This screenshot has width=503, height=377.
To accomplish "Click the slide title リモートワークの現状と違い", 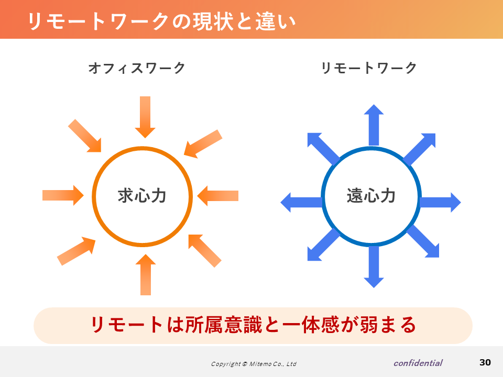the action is pos(162,21).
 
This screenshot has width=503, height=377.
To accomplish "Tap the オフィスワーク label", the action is pos(137,68).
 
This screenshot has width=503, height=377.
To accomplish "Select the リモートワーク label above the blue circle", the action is pos(369,68).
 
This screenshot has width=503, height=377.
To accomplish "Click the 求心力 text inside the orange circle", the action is pos(142,195).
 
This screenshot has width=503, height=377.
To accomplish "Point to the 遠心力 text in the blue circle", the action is pos(371,195).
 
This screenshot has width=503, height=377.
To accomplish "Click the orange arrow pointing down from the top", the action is pos(145,117).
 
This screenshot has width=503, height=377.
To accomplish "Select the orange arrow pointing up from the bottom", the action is pos(146,274).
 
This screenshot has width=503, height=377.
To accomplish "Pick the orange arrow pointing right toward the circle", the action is pos(63,195).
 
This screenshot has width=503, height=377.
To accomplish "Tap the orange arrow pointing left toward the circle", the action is pos(218,195).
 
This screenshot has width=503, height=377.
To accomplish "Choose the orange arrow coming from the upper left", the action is pos(85,136).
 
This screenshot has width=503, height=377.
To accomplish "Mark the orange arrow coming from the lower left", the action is pos(76,251).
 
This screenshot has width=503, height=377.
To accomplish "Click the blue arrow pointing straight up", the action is pos(374,125).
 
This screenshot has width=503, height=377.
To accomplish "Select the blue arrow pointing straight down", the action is pos(374,267).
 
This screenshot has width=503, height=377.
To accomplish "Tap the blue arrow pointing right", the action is pos(440,202).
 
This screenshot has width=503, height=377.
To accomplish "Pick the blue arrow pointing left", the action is pos(302,202).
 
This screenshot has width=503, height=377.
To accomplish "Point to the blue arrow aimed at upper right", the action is pos(419,149).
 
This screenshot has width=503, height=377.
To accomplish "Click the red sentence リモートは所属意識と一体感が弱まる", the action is pos(253,325).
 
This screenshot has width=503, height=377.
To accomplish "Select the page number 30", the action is pos(485,362).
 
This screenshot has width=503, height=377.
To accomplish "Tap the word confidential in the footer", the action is pos(418,363).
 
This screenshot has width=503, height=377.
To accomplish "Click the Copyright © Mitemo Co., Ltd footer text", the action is pos(254,364).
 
